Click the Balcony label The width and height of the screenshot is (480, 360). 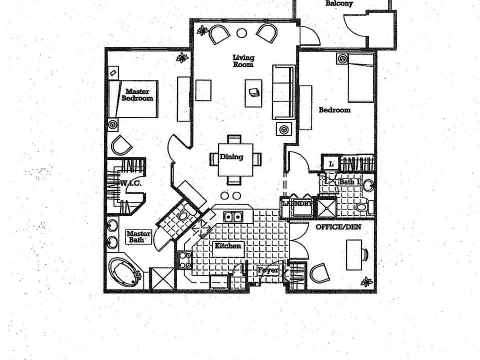[x=339, y=3]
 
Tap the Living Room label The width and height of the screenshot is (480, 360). [x=243, y=61]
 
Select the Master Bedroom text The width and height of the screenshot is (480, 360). [x=137, y=95]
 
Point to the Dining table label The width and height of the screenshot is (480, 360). [x=231, y=157]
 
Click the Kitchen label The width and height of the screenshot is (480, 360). [x=228, y=246]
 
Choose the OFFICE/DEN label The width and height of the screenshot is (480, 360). [x=338, y=227]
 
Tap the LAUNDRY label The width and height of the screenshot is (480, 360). [x=297, y=203]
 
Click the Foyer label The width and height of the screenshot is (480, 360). [x=267, y=270]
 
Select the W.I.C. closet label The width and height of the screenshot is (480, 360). [x=131, y=184]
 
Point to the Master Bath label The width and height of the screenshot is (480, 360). [x=135, y=236]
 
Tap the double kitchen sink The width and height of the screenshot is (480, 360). [x=233, y=216]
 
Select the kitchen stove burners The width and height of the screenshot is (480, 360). [x=184, y=259]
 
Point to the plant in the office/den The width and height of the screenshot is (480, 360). [x=367, y=281]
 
